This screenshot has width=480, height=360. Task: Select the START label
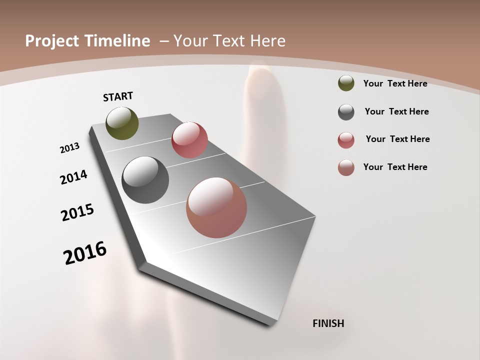point(118,96)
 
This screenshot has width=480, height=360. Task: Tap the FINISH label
point(328,323)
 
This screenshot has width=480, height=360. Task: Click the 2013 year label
point(70,148)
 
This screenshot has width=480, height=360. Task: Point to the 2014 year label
point(74,177)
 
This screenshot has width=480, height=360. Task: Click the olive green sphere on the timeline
point(122,123)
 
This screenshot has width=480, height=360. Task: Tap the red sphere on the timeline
point(189,140)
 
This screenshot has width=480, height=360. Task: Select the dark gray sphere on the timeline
point(145,180)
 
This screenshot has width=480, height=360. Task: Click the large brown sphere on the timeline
point(216,207)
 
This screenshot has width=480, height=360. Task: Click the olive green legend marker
point(346,83)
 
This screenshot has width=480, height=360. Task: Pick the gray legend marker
point(346,112)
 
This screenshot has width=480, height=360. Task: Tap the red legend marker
point(346,140)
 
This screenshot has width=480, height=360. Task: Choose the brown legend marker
point(346,167)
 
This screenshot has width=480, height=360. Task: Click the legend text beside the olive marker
point(395,83)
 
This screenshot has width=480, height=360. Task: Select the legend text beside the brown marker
point(395,167)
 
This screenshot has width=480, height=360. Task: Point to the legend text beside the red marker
point(397,139)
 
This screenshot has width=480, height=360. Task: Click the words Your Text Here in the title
point(229,41)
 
